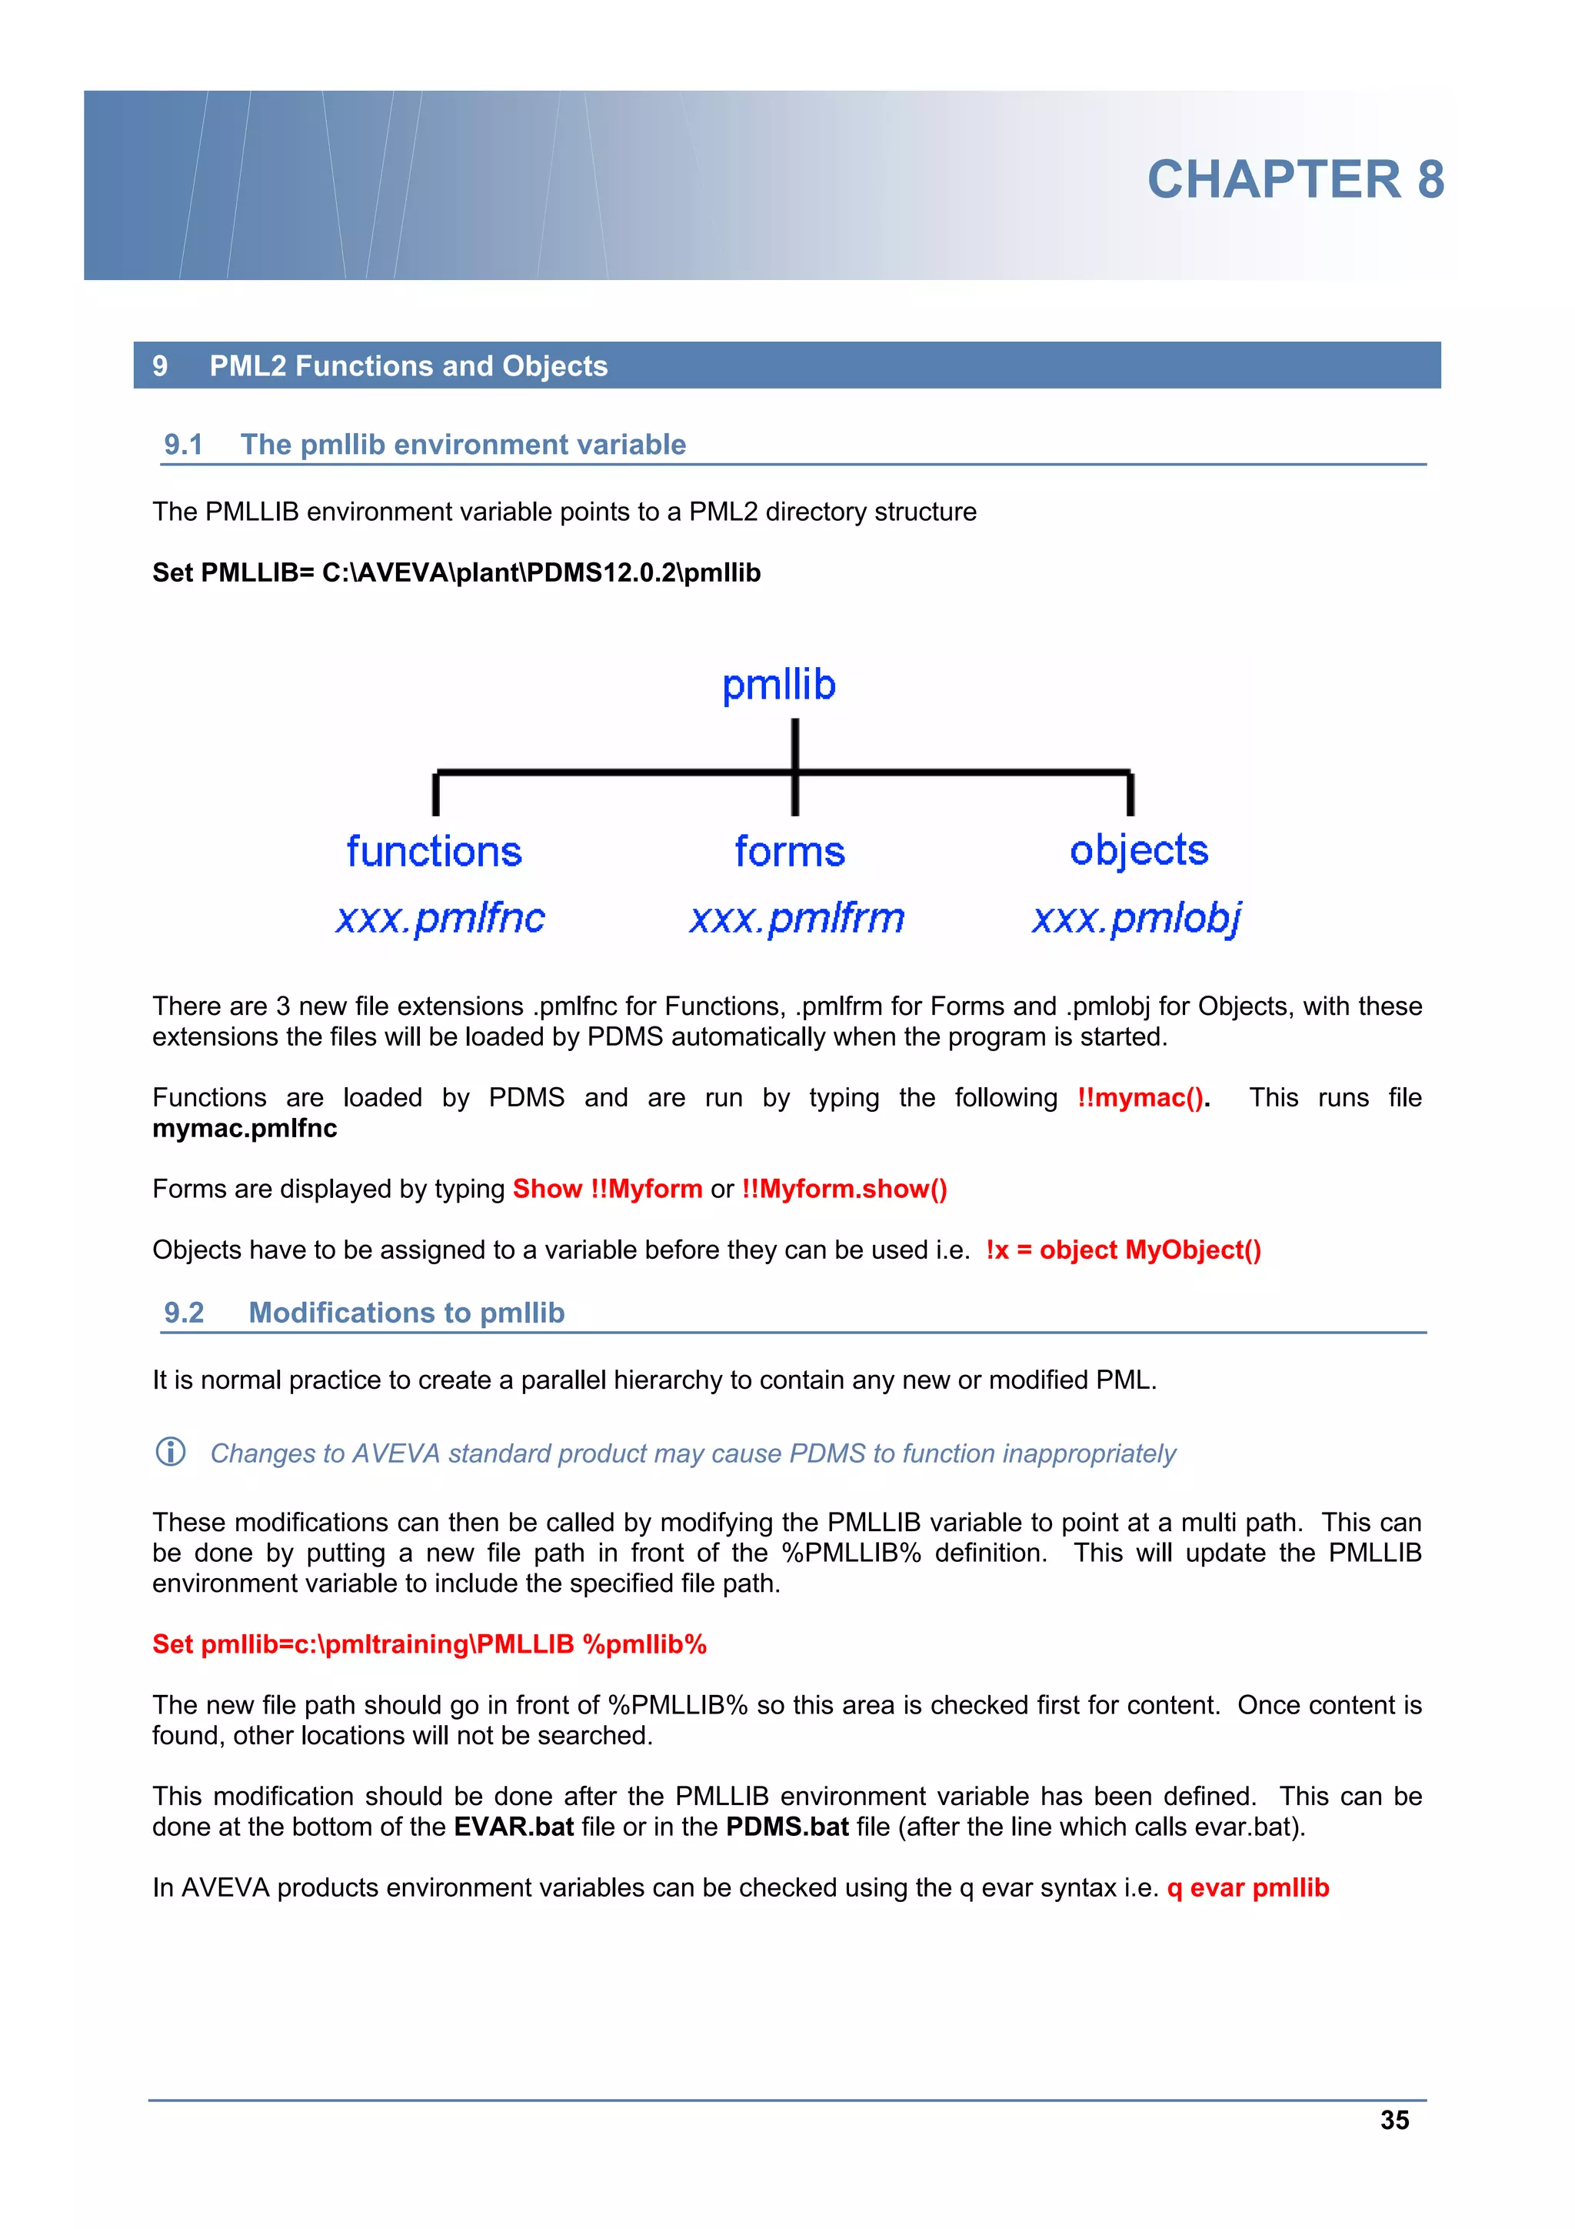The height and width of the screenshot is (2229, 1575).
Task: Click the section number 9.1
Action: click(x=183, y=445)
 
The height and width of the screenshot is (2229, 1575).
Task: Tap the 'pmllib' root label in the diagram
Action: click(x=778, y=685)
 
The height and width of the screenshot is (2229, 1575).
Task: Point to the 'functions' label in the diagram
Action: click(x=434, y=852)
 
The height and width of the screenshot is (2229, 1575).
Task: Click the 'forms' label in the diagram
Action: click(x=789, y=852)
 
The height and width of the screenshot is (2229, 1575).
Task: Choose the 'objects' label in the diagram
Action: click(x=1138, y=852)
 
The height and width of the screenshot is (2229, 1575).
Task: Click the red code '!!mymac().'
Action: click(x=1143, y=1098)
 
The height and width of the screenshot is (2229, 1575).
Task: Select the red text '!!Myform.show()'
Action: click(x=844, y=1190)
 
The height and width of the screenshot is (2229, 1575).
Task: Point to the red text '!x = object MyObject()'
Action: click(x=1123, y=1250)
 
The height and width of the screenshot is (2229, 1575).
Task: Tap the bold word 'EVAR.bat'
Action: click(x=514, y=1827)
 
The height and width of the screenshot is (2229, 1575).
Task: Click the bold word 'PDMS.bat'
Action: click(x=787, y=1827)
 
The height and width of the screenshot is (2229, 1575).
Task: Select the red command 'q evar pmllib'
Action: click(x=1247, y=1888)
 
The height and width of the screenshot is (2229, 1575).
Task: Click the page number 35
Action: click(x=1394, y=2121)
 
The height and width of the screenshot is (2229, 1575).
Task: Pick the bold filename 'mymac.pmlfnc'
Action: click(x=245, y=1128)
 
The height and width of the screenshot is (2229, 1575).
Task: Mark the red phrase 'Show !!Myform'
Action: click(x=608, y=1190)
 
